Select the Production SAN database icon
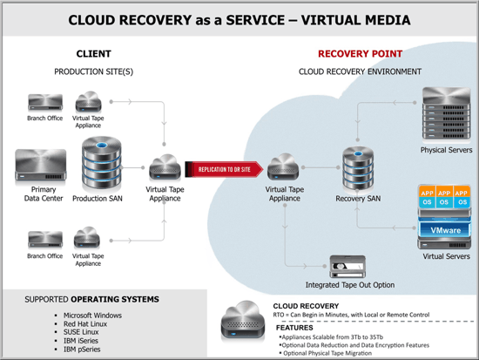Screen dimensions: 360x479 [101, 160]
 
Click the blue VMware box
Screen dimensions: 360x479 [444, 229]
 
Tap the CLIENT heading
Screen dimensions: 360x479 [94, 53]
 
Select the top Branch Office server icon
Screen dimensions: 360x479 [44, 101]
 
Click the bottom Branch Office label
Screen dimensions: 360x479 [44, 256]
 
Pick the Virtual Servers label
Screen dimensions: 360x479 [445, 257]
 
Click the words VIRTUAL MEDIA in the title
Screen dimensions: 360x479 [349, 18]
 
